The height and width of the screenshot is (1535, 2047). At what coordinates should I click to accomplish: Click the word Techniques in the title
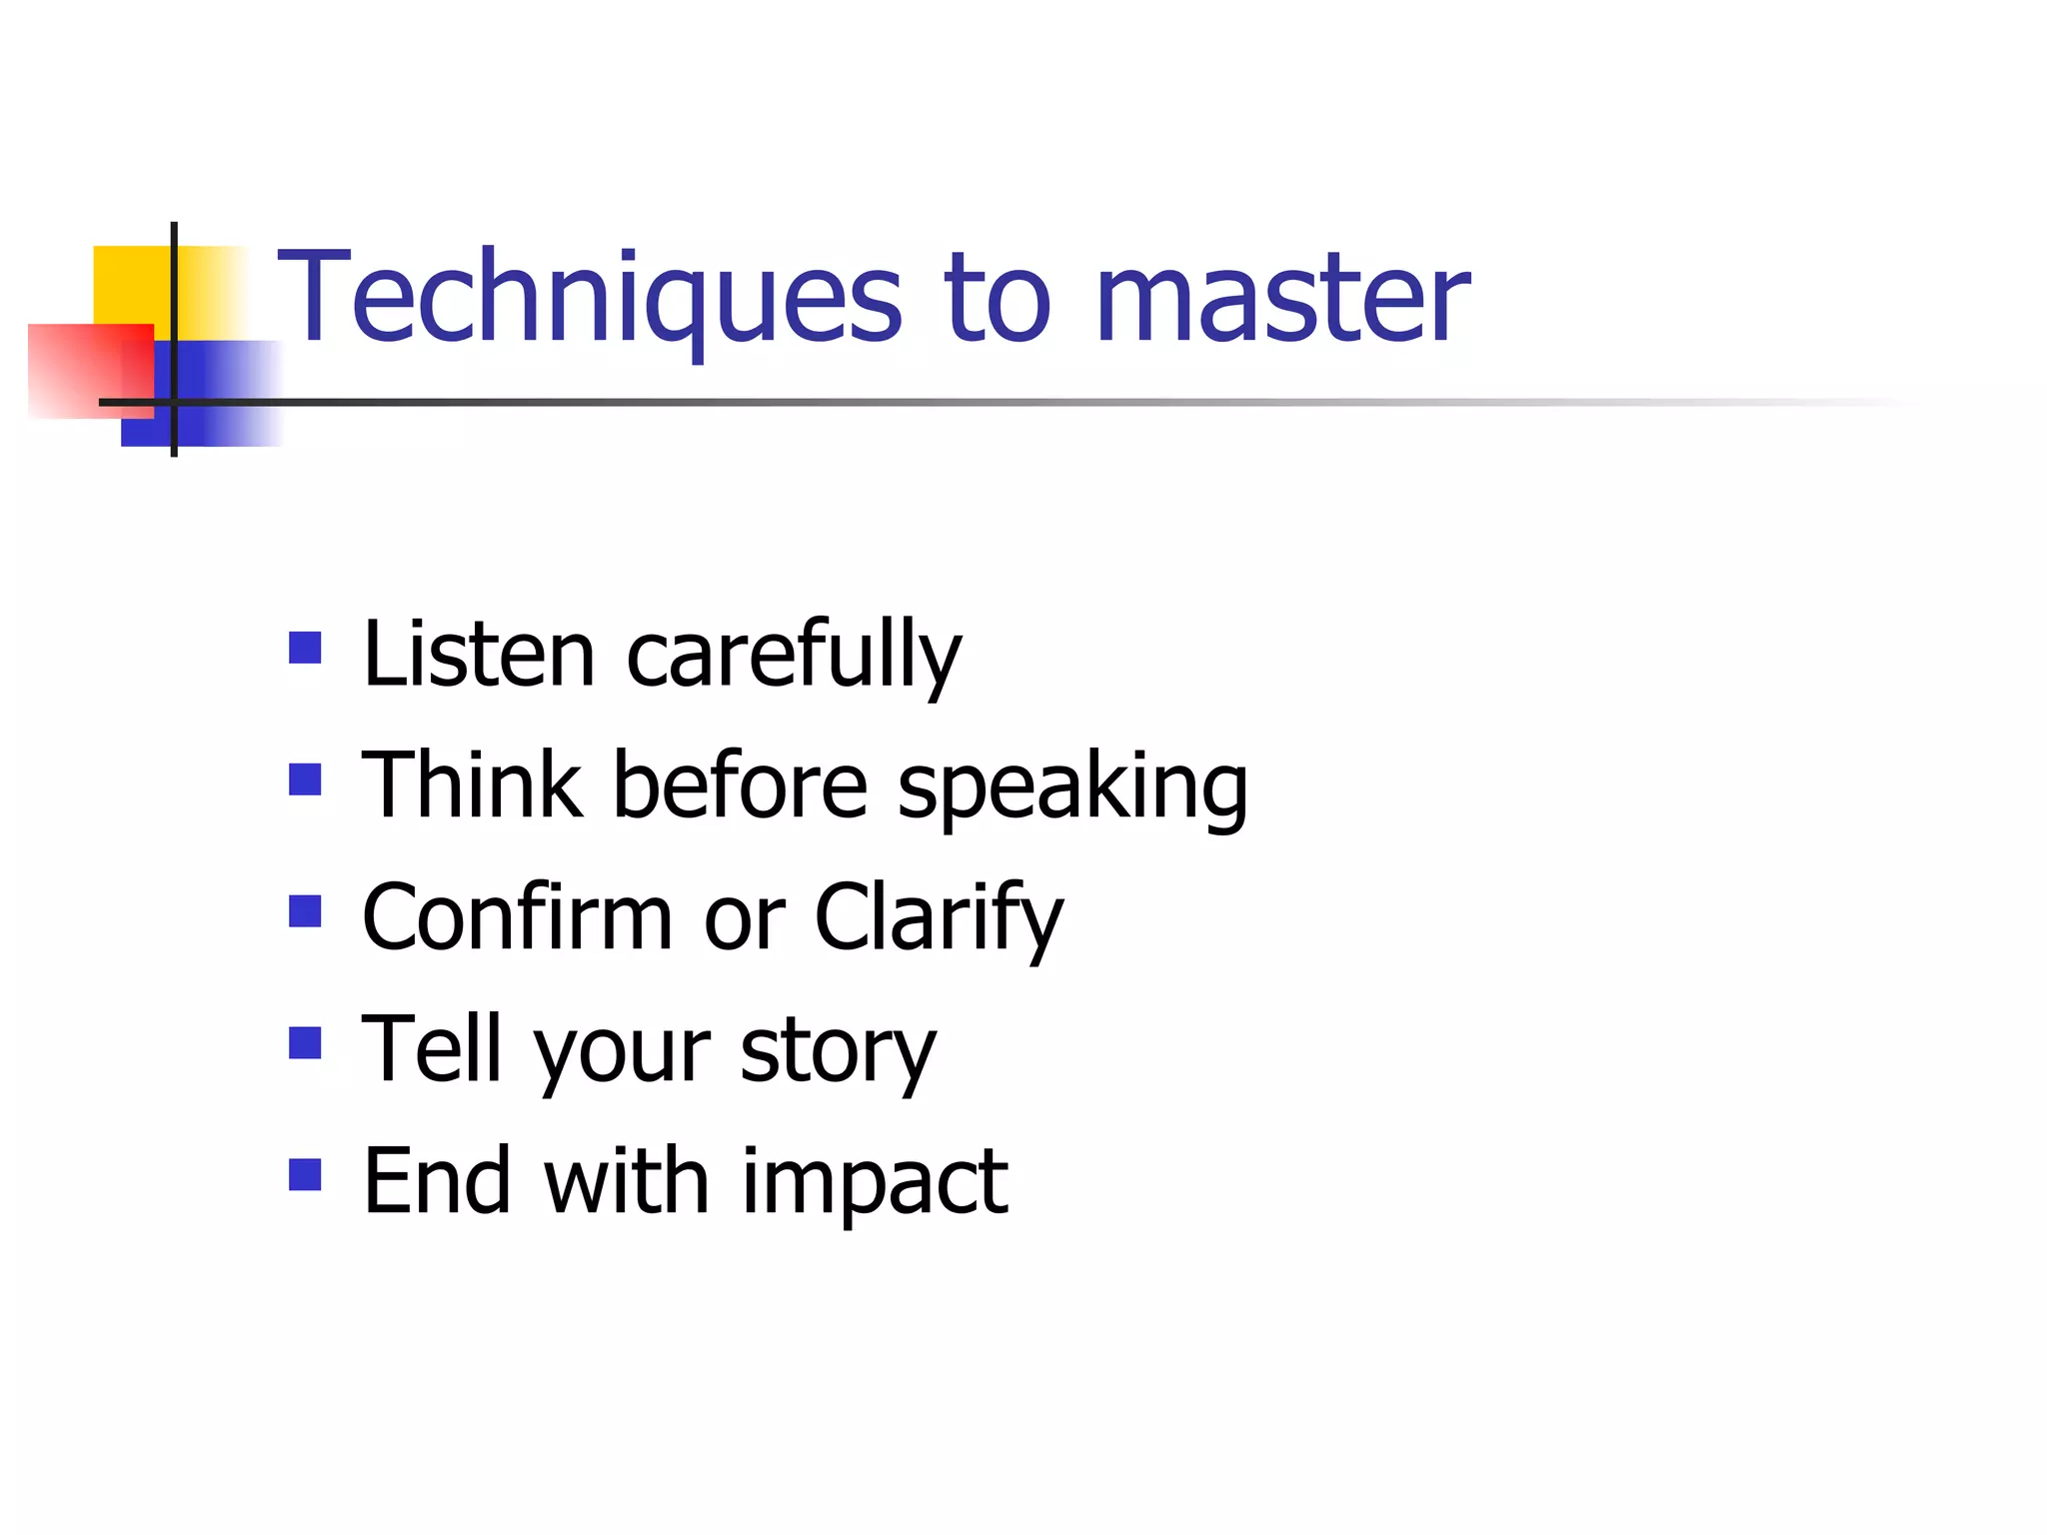click(590, 297)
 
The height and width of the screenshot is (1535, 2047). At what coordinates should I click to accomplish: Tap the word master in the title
click(1282, 297)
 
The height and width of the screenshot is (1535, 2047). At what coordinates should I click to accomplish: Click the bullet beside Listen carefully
click(305, 648)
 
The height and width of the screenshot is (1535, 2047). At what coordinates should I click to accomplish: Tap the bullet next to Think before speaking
click(305, 779)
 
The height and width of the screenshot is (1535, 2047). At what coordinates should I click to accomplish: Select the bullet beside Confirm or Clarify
click(305, 910)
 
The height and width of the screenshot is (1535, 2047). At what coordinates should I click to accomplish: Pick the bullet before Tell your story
click(305, 1042)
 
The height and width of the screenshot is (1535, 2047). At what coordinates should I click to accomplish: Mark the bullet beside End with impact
click(305, 1174)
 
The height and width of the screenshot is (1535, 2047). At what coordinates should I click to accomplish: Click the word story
click(838, 1051)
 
